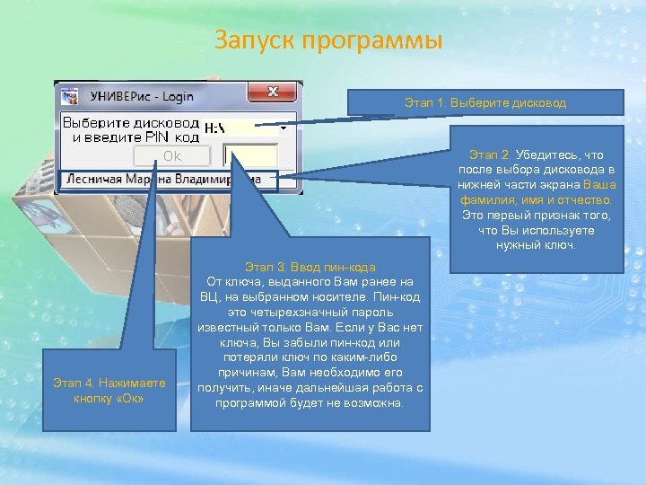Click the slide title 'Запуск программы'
click(328, 41)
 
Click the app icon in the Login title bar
click(71, 93)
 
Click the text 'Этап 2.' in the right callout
click(492, 154)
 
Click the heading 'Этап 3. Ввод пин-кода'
click(310, 268)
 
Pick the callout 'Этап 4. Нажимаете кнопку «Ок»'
click(109, 391)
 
